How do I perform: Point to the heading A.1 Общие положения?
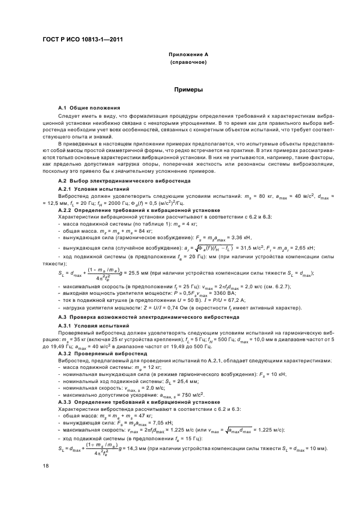[x=89, y=108]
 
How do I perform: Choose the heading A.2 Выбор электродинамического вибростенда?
[x=123, y=180]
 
